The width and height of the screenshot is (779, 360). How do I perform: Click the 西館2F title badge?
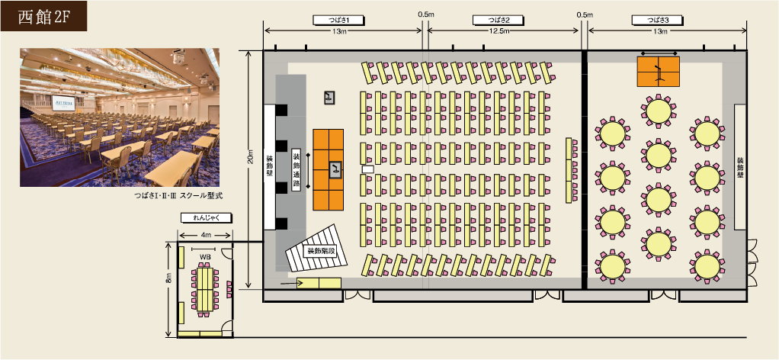(43, 16)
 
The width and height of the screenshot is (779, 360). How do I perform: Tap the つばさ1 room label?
(340, 20)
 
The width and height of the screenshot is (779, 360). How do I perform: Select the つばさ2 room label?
(498, 20)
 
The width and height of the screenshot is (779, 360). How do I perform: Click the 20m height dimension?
(250, 156)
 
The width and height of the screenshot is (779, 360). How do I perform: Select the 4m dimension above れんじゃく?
(206, 235)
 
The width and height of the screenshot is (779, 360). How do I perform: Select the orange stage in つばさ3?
(659, 72)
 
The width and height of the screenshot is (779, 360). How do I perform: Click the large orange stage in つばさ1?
(328, 169)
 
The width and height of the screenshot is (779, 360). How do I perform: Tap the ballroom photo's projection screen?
(63, 104)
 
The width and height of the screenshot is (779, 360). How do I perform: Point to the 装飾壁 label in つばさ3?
(740, 166)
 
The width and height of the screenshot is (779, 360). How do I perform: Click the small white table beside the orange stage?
(368, 169)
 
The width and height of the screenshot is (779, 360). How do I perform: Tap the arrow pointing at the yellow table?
(289, 284)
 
